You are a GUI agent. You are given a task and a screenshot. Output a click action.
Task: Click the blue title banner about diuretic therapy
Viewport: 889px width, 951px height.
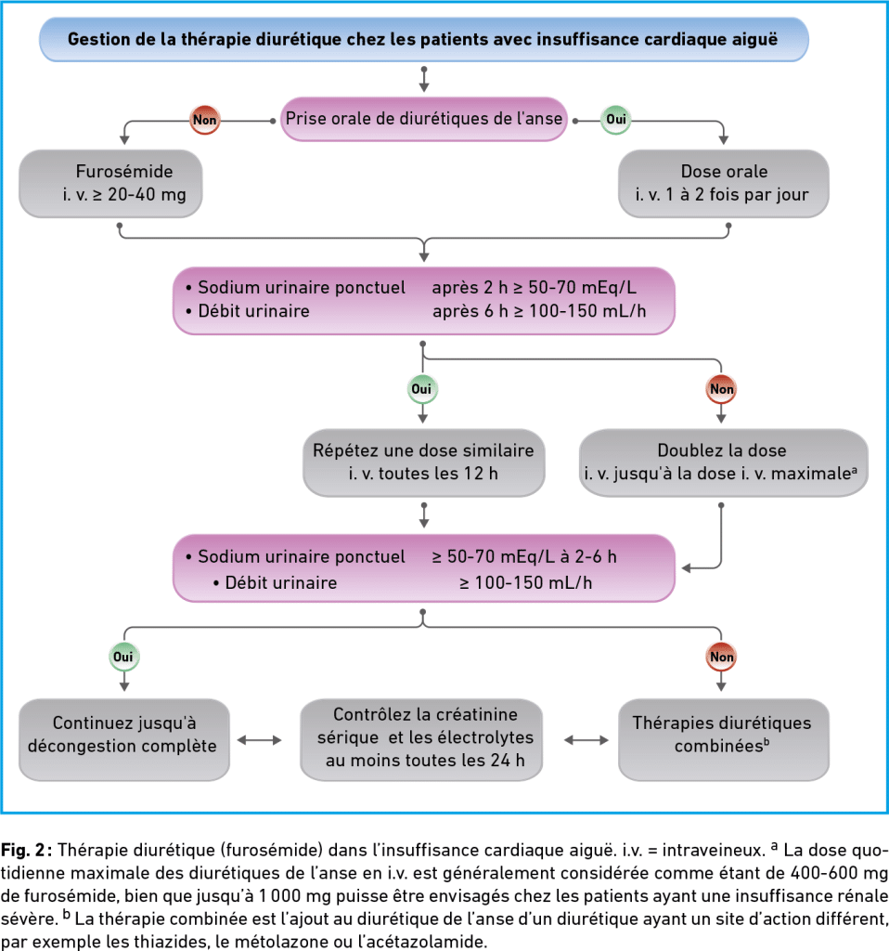click(423, 39)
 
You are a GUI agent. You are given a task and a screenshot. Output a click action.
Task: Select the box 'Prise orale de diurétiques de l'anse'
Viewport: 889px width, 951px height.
click(423, 119)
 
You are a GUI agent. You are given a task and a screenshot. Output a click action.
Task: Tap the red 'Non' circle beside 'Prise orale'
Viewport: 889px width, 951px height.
click(204, 120)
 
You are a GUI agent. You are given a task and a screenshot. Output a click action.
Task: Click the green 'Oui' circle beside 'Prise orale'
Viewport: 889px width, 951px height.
click(615, 119)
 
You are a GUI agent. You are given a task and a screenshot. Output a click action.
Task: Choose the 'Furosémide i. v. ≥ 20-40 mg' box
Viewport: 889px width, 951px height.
click(110, 183)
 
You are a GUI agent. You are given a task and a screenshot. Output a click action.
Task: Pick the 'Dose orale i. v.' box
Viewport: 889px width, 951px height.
click(724, 183)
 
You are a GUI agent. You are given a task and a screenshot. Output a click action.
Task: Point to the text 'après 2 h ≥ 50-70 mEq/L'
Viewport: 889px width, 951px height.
click(534, 288)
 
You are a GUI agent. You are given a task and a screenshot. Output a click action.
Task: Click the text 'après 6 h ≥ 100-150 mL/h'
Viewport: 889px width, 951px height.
click(539, 311)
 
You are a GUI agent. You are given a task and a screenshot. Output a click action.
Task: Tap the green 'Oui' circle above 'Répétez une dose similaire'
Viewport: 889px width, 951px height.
click(422, 389)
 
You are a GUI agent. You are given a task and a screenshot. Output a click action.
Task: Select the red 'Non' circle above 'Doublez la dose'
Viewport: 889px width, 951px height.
click(721, 389)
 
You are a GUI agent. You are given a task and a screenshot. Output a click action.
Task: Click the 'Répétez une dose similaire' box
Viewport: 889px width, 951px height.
click(423, 462)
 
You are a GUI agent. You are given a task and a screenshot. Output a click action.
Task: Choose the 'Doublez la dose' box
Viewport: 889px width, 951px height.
click(724, 462)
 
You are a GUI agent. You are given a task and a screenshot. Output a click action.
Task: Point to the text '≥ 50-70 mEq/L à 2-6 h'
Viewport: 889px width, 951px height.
click(524, 557)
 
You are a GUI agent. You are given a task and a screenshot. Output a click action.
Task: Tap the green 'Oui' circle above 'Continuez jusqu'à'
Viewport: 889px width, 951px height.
click(124, 657)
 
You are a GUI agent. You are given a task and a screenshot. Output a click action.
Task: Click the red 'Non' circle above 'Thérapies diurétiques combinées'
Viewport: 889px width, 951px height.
click(721, 657)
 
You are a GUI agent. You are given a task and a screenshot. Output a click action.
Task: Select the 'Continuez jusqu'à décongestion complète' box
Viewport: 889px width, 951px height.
click(124, 739)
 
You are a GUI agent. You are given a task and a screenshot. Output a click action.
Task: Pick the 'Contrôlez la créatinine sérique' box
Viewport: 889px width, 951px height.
click(421, 739)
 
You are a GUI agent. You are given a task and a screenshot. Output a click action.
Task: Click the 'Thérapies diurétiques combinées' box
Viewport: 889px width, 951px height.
click(724, 739)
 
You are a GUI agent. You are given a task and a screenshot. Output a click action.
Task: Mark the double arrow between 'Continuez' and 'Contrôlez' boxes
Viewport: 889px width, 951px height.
click(259, 740)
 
